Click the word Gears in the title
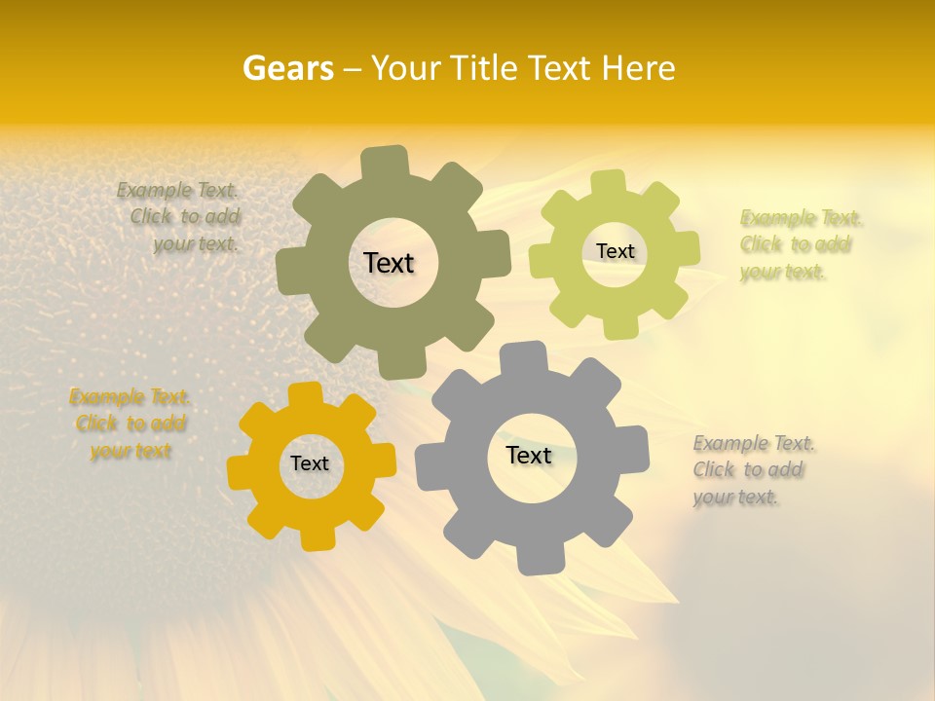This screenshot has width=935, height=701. click(288, 68)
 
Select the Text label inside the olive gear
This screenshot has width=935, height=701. click(389, 263)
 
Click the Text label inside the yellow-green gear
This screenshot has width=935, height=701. click(615, 251)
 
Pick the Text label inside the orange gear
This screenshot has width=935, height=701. click(310, 463)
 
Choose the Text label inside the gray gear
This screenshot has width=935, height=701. click(529, 455)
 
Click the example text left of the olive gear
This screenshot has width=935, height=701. click(180, 217)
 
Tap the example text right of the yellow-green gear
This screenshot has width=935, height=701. click(799, 244)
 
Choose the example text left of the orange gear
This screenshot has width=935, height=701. click(130, 424)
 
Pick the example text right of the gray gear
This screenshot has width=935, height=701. click(752, 470)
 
